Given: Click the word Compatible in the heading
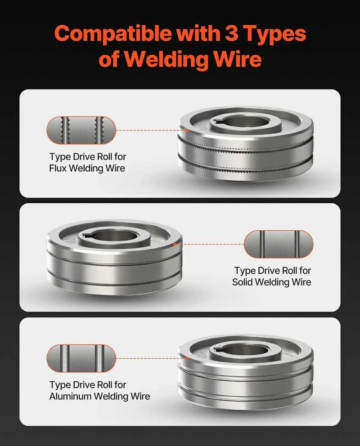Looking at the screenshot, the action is [113, 34].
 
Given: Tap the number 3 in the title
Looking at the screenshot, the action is [232, 33].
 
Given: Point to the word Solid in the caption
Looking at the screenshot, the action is [242, 282].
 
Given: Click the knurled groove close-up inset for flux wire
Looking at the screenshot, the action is [81, 130].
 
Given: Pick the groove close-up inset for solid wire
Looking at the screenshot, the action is [279, 244].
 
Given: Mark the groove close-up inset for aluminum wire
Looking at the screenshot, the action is [81, 358].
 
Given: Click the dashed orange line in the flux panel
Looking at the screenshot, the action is [152, 130].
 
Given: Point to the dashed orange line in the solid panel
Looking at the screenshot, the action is [209, 244].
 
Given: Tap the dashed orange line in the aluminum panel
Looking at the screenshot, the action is [152, 358].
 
